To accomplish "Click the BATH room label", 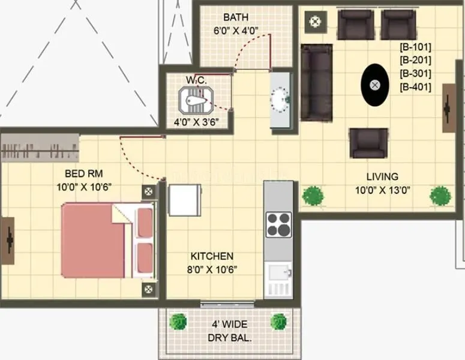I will coord(235,17).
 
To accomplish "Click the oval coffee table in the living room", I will coord(375,85).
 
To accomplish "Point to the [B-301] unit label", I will coord(415,73).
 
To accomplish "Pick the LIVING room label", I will coord(382,176).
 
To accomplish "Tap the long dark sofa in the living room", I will coord(316,82).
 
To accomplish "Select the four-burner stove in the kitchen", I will coord(278,225).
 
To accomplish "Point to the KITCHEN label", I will coord(212,256).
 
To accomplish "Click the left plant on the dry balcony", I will coord(178,322).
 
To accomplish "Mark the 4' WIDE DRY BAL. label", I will coord(230,331).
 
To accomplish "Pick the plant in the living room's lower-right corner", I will coord(440,195).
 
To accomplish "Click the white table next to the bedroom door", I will coord(185,200).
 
